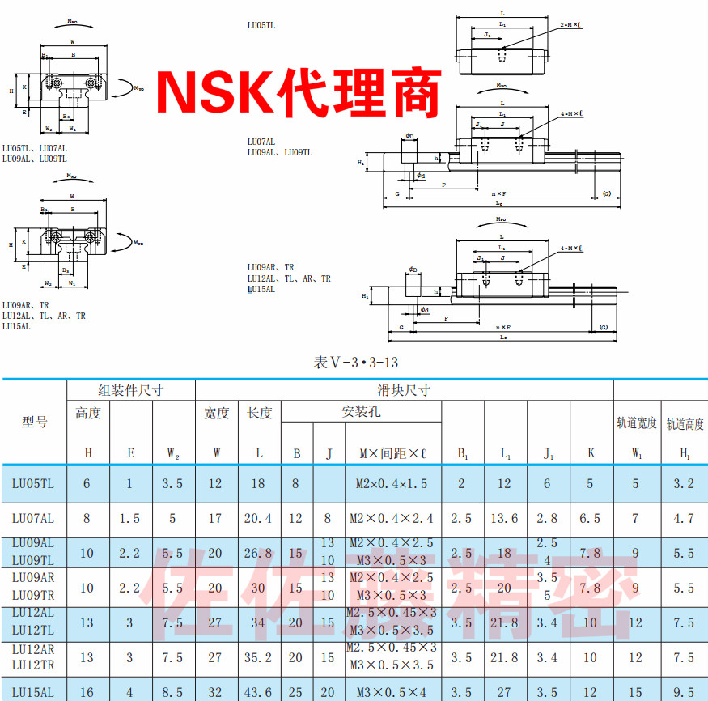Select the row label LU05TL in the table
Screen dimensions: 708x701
point(33,484)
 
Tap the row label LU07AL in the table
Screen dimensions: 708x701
point(33,518)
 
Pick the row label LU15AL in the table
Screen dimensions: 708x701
point(33,692)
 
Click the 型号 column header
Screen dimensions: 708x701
point(34,422)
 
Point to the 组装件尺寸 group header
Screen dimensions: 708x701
point(131,390)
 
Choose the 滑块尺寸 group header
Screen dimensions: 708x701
point(404,390)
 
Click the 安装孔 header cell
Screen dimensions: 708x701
point(361,412)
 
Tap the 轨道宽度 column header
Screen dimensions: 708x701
point(637,422)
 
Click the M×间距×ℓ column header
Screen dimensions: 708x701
point(392,453)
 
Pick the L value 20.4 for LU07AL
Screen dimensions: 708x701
point(259,518)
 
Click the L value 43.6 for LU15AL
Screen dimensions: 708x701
point(259,692)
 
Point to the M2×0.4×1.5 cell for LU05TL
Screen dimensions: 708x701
point(392,484)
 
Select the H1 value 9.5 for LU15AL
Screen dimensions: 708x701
point(685,692)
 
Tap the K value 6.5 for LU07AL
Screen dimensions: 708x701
point(591,518)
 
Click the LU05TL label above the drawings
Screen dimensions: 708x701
point(261,25)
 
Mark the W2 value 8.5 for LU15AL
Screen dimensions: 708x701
point(173,692)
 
